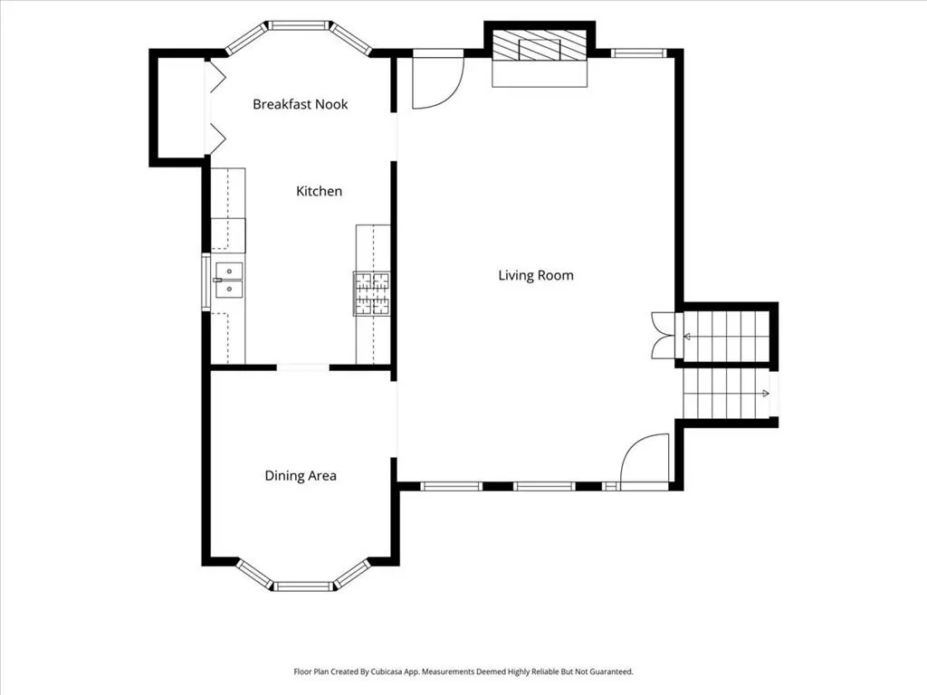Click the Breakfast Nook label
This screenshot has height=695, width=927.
click(x=301, y=105)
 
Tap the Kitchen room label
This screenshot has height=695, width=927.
click(x=320, y=192)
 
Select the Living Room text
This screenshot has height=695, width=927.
click(x=536, y=275)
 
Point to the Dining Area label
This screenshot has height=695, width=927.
click(x=301, y=476)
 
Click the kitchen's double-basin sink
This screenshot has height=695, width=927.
click(x=229, y=281)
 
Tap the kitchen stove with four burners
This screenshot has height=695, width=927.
click(x=372, y=294)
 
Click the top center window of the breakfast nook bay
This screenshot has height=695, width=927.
click(x=299, y=25)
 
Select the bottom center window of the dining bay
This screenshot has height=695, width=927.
click(x=304, y=586)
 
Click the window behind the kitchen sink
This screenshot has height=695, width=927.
click(x=205, y=282)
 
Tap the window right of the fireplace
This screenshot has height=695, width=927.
click(x=639, y=53)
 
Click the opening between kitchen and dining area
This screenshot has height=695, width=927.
click(x=302, y=367)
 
